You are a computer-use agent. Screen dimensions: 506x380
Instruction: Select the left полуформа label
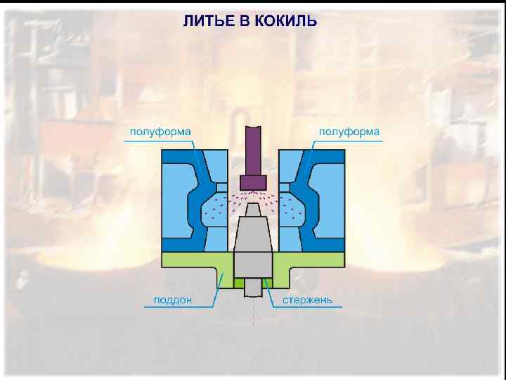pos(160,132)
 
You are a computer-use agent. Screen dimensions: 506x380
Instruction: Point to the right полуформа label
pos(349,132)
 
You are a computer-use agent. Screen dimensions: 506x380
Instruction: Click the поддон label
pos(172,300)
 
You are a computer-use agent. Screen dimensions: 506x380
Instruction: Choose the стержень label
pos(308,300)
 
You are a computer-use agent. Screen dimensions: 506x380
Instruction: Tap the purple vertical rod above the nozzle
pos(253,148)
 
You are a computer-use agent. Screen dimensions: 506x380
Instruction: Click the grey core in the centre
pos(253,246)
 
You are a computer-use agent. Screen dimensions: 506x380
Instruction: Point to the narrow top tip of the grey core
pos(253,208)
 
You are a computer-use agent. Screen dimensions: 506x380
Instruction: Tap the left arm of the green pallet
pos(190,260)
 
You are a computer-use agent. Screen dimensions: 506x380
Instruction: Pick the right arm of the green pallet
pos(316,260)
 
